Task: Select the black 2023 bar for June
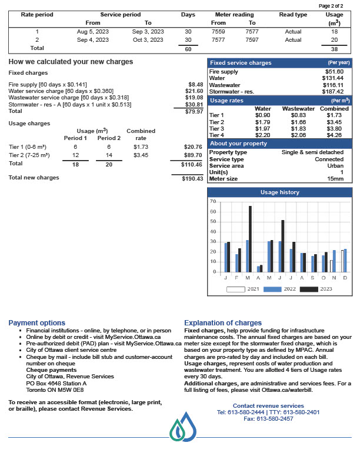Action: point(283,246)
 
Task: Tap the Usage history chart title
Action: point(279,192)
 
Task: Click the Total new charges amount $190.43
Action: point(192,178)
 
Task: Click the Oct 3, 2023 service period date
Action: point(148,40)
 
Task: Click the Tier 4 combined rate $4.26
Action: point(334,135)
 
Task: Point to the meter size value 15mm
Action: point(335,179)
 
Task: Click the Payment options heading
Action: point(36,323)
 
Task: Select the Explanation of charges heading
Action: point(223,323)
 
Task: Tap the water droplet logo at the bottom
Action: point(182,427)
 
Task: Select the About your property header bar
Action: point(279,144)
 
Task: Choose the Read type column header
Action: point(293,15)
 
